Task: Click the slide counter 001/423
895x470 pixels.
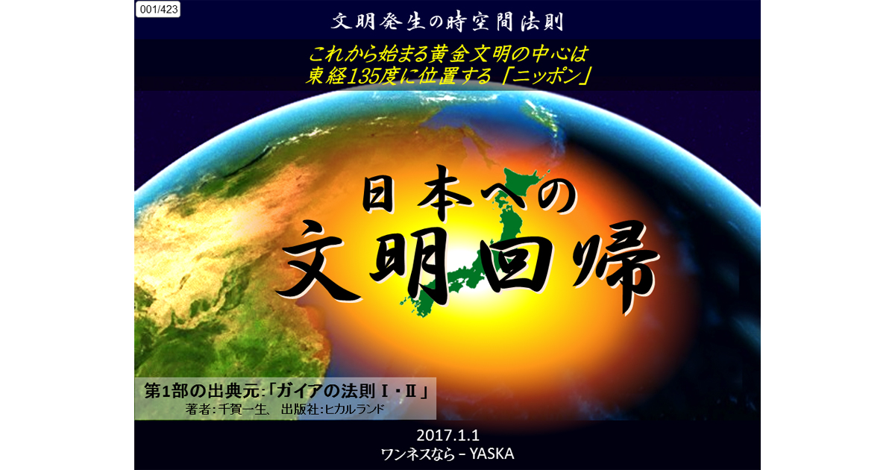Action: coord(158,9)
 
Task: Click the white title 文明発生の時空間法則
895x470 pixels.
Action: coord(447,22)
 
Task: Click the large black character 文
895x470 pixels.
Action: coord(318,263)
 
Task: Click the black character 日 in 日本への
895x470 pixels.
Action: coord(382,195)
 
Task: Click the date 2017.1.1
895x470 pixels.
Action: coord(447,435)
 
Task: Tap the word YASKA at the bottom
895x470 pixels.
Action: coord(492,454)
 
